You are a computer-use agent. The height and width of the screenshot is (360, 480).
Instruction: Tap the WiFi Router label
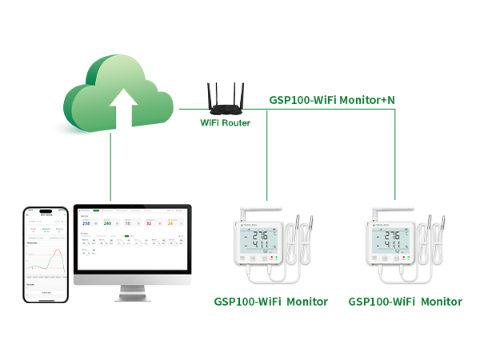225,123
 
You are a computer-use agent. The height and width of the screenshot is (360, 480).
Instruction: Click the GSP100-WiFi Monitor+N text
331,100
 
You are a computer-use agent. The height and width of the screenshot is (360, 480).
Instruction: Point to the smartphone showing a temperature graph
46,254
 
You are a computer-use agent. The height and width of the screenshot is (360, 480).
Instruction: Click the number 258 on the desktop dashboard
86,223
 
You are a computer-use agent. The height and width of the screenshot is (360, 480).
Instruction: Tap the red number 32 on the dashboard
149,223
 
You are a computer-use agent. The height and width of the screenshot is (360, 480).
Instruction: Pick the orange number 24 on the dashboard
170,223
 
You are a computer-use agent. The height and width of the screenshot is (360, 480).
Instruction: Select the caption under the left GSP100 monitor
270,302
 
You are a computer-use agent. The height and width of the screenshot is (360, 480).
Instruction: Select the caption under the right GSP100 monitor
405,302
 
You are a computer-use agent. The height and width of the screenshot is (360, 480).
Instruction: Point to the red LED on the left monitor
275,258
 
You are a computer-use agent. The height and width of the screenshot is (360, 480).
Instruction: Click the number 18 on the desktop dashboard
128,223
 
